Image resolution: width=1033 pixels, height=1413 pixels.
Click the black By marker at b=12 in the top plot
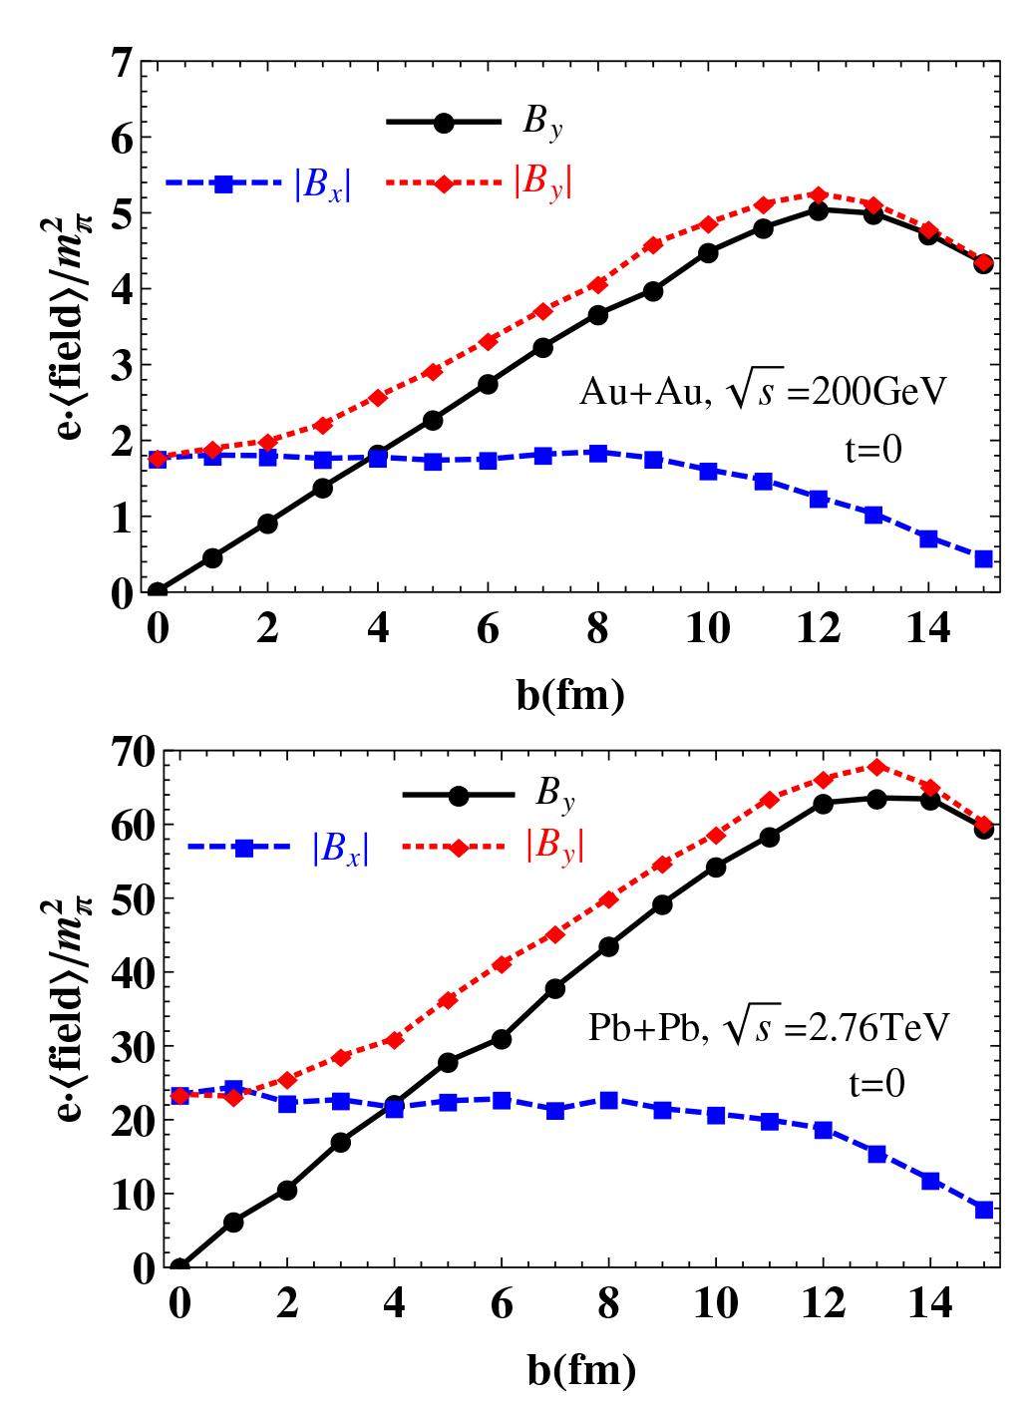[819, 210]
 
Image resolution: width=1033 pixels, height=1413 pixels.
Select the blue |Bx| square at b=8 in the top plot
[598, 453]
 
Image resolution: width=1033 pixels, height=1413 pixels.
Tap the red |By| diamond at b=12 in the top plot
[819, 195]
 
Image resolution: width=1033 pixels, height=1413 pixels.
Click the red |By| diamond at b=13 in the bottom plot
[876, 767]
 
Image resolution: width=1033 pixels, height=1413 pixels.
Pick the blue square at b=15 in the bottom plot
[983, 1210]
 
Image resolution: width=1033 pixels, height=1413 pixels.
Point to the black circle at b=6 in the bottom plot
[502, 1039]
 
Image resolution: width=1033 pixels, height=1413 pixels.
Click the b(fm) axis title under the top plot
[570, 695]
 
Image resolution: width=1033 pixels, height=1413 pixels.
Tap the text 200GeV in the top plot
[876, 392]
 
